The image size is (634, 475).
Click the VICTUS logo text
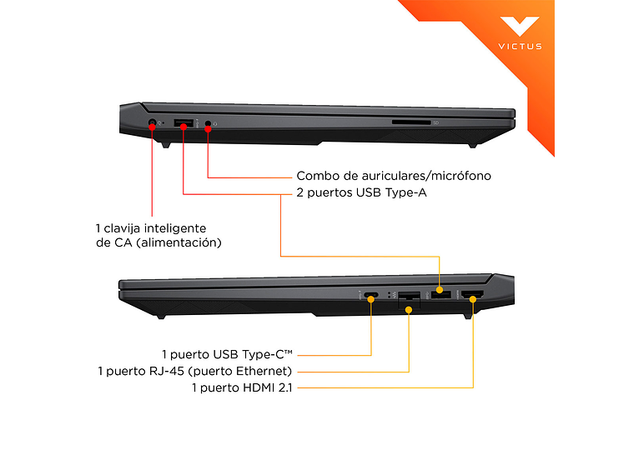tap(520, 47)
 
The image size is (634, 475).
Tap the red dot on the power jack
tap(152, 127)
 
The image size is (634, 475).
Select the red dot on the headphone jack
tap(208, 129)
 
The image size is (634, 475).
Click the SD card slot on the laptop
tap(411, 122)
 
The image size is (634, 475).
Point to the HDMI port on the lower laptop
tap(473, 295)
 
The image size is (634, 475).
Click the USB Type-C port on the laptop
tap(370, 295)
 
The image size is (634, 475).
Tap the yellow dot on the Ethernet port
tap(409, 310)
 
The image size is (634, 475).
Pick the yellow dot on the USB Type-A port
tap(440, 290)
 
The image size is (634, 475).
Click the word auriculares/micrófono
tap(426, 176)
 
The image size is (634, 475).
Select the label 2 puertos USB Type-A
tap(361, 192)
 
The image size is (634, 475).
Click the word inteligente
tap(175, 228)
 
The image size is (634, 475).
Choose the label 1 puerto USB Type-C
tap(227, 355)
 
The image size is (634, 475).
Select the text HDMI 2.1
tap(267, 387)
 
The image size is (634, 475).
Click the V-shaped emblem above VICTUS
tap(520, 27)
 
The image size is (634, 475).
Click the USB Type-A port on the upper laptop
tap(184, 122)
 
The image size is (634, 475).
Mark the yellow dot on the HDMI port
tap(473, 299)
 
